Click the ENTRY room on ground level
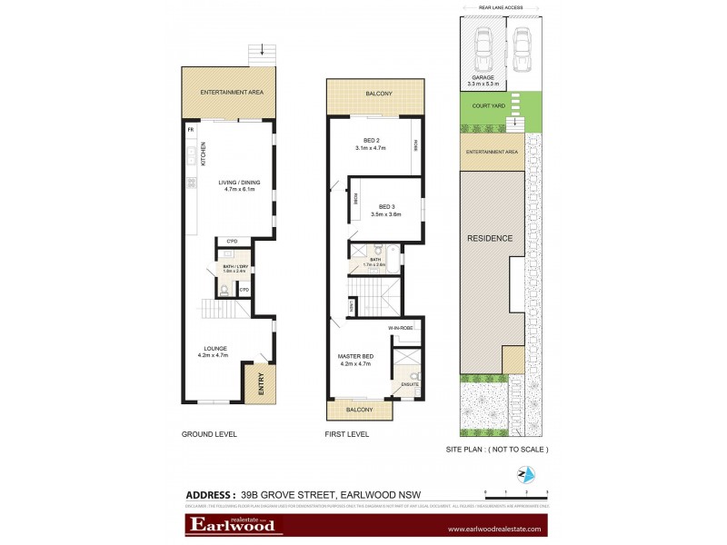coord(260,384)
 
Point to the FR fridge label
coord(191,130)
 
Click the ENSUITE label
coord(410,385)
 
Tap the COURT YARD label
coord(488,106)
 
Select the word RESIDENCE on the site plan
coord(490,239)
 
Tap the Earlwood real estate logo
coord(233,524)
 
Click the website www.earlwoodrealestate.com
coord(493,528)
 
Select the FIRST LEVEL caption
coord(347,434)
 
